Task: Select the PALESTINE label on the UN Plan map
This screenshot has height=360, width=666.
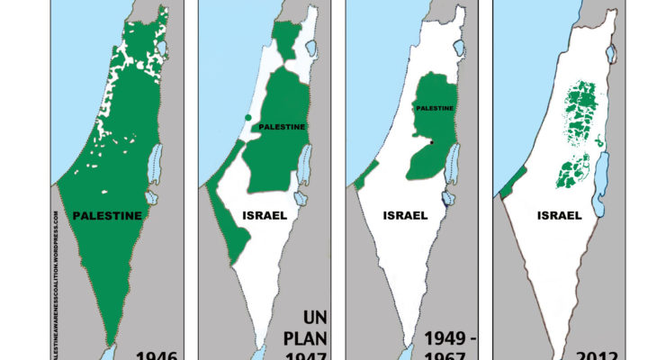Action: [x=282, y=127]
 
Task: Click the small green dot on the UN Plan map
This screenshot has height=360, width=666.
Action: [x=247, y=119]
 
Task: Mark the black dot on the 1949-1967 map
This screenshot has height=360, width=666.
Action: [x=431, y=142]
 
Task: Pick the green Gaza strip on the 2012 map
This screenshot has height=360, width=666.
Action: [x=506, y=185]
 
